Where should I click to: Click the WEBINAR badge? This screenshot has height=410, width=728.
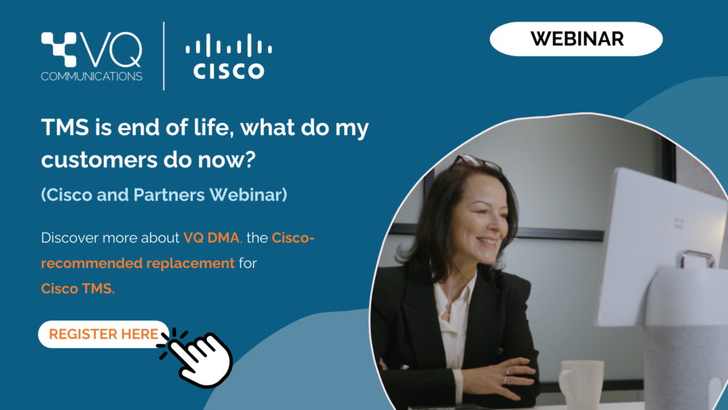click(x=576, y=39)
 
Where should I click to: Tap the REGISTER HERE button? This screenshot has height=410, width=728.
click(x=104, y=335)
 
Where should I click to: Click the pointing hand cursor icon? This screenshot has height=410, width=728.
click(x=198, y=357)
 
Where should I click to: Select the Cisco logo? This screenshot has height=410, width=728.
click(x=229, y=56)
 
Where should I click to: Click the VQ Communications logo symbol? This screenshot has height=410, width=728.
click(x=59, y=49)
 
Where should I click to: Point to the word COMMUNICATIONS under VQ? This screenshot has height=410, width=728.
click(x=92, y=76)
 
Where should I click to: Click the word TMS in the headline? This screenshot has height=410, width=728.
click(x=65, y=127)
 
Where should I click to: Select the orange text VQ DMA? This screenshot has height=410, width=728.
click(x=211, y=238)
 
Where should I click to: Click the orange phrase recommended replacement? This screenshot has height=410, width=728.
click(x=138, y=263)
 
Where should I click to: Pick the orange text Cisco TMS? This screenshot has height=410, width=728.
click(x=77, y=289)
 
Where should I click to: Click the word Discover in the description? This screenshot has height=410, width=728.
click(x=70, y=238)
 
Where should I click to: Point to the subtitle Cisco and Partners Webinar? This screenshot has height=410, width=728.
click(x=164, y=195)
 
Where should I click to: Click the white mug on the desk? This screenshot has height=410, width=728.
click(x=580, y=384)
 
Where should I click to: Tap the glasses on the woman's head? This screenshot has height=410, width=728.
click(x=476, y=162)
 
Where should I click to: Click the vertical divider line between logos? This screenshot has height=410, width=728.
click(x=164, y=56)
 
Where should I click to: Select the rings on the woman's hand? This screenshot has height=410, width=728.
click(x=506, y=376)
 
